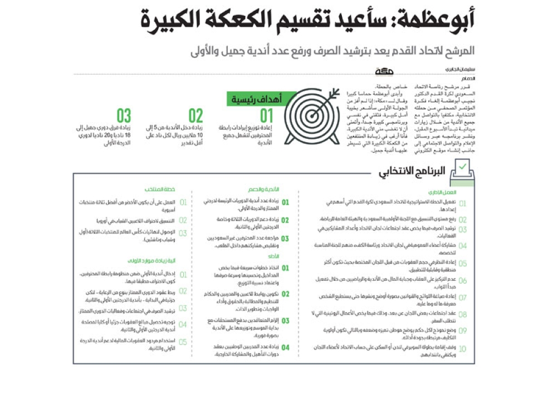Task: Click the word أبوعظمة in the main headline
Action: (440, 21)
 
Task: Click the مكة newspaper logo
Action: (384, 72)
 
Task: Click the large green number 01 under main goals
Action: (267, 116)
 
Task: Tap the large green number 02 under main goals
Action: (196, 116)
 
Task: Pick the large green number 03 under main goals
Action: (124, 116)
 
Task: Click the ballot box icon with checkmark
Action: (463, 170)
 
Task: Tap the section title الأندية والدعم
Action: (273, 190)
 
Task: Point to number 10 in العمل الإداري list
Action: (462, 350)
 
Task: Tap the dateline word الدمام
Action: (468, 79)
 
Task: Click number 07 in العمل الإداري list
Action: (462, 298)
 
